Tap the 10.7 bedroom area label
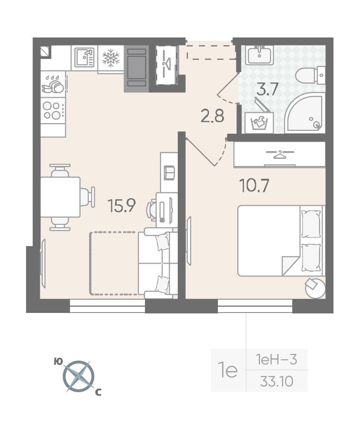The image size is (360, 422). point(254,186)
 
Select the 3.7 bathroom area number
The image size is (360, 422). point(267,89)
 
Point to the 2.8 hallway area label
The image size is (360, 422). point(212,117)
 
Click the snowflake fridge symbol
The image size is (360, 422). point(111,58)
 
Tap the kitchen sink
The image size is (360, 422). point(84,57)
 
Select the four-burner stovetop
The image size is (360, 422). point(53,110)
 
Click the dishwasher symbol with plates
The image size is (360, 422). point(53,84)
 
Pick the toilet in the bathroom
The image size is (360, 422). point(310,75)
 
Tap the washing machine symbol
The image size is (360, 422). point(259,123)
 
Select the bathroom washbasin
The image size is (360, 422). point(260,55)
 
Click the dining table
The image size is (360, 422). point(61,197)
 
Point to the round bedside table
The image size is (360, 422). point(315,288)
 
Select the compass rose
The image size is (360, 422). point(79,376)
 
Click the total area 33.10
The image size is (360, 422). point(277,381)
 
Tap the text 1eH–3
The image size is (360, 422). point(277,359)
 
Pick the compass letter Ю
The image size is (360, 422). point(58,361)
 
